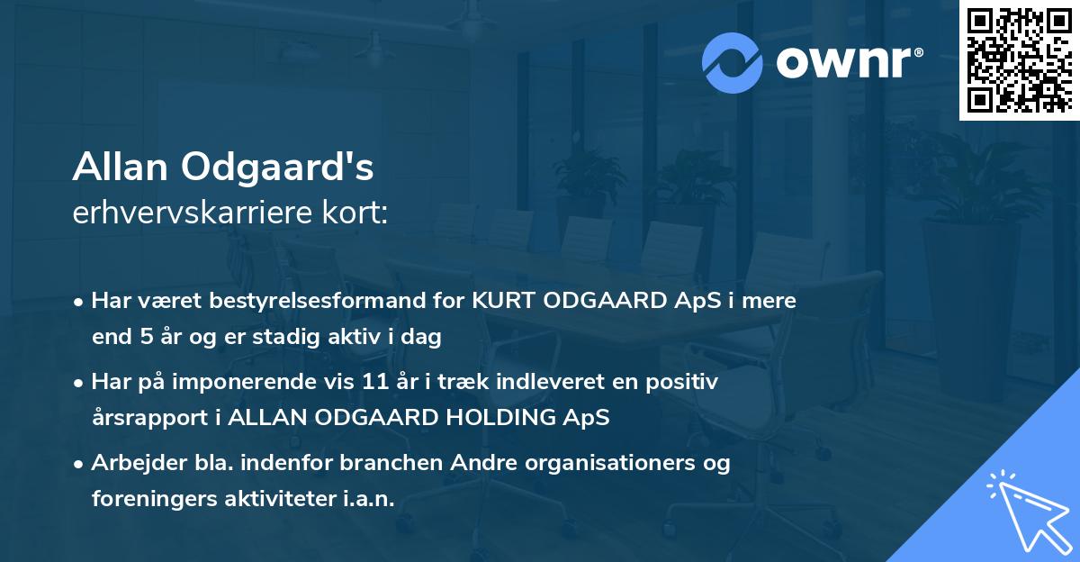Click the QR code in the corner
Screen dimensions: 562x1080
pyautogui.click(x=1018, y=60)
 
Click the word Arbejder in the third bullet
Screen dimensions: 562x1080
pyautogui.click(x=130, y=463)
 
